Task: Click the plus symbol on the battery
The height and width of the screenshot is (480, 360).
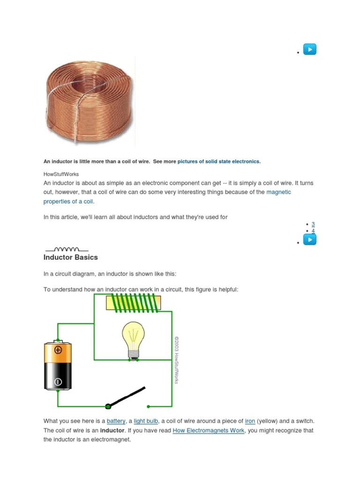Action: coord(58,350)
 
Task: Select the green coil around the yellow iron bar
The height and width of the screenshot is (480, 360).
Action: coord(134,303)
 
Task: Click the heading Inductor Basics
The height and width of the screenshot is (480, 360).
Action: coord(70,257)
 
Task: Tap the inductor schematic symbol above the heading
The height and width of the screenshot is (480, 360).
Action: coord(66,249)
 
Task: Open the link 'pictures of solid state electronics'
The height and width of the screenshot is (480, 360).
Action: coord(218,161)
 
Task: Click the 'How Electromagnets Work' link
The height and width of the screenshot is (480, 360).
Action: coord(208,430)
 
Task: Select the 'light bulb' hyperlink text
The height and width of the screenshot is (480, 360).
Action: coord(146,421)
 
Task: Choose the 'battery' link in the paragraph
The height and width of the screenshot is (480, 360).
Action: coord(116,421)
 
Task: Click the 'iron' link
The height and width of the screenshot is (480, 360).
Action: coord(250,421)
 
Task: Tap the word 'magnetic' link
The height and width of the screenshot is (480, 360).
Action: coord(279,192)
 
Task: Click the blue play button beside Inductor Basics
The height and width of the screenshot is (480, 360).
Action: coord(310,240)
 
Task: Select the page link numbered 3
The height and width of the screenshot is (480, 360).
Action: coord(313,224)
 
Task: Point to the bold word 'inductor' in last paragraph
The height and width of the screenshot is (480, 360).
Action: coord(112,430)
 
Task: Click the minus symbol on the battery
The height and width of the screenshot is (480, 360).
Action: coord(58,382)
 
